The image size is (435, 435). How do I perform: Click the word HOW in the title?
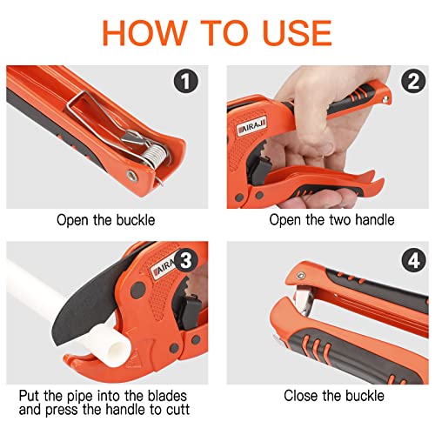point(144,32)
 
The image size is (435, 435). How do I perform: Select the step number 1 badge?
point(186,81)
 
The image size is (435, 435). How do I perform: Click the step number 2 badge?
point(413,81)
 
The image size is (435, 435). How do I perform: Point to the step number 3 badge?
point(186,260)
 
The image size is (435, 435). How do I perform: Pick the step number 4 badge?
point(413,260)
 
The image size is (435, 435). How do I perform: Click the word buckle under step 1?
point(136,220)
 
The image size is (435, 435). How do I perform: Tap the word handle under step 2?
point(374,219)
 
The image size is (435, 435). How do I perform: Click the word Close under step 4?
point(301,396)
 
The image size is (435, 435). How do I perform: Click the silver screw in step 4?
point(300,276)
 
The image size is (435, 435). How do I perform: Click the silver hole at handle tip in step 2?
point(385,99)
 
